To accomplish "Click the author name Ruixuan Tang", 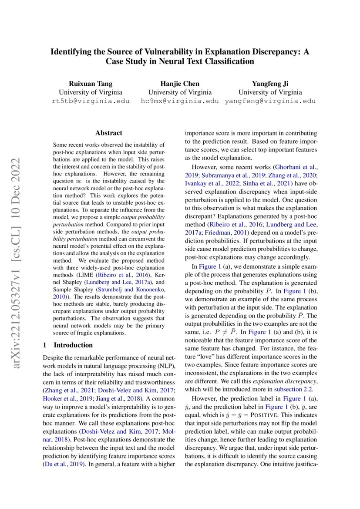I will tap(90, 84).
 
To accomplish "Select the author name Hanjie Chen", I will tap(180, 84).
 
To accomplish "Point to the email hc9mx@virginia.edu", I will tap(180, 101).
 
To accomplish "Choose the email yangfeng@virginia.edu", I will tap(270, 101).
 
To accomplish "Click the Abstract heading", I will tap(109, 133).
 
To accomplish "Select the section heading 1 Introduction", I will tap(68, 345).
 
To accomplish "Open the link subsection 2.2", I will tap(296, 389).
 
